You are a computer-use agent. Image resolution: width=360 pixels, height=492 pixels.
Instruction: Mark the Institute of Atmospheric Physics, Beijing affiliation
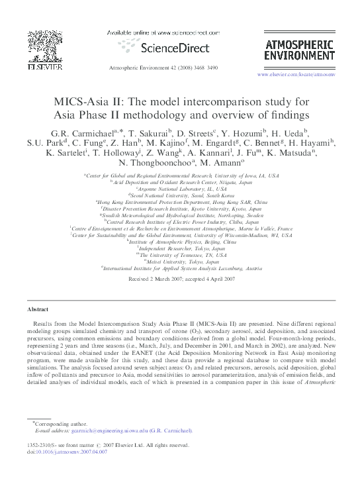180,241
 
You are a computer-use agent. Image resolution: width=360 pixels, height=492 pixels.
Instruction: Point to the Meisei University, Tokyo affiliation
180,262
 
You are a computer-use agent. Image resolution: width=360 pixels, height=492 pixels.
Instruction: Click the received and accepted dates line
180,279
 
